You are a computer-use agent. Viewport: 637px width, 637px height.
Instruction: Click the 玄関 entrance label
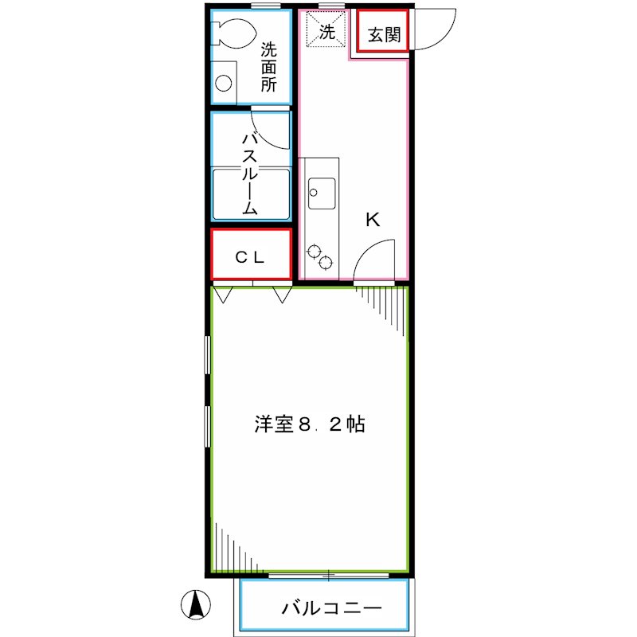[x=383, y=33]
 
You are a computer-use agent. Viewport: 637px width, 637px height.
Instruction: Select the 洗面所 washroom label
[x=269, y=66]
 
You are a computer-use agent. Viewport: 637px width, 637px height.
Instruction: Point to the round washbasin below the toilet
[x=225, y=83]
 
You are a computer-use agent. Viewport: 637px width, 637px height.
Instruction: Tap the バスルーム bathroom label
[x=250, y=174]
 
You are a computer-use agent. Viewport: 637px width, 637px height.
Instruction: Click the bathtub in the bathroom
[x=250, y=193]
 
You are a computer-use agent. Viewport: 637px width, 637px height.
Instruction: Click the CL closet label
[x=250, y=257]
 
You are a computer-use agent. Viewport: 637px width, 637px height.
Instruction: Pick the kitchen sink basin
[x=322, y=191]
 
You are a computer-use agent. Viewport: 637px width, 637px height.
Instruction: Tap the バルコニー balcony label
[x=330, y=609]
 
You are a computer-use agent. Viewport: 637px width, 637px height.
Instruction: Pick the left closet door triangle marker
[x=222, y=295]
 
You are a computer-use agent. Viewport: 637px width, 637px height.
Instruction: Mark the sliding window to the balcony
[x=328, y=574]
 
